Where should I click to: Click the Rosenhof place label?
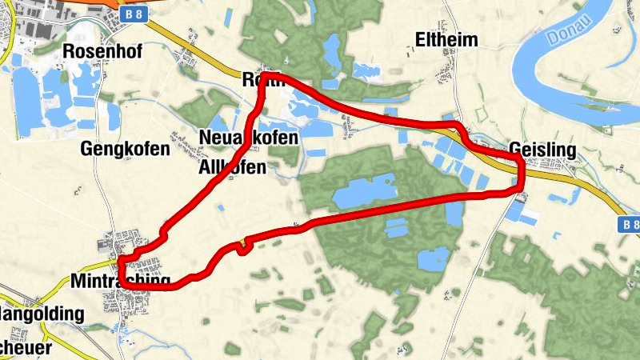click(102, 52)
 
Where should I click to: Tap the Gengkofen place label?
click(125, 149)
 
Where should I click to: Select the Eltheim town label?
click(446, 40)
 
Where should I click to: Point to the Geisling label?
click(542, 150)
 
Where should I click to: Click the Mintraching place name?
click(120, 282)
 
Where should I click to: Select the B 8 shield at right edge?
click(630, 226)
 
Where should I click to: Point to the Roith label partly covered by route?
click(262, 80)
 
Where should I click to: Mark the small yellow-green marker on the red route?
click(241, 244)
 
